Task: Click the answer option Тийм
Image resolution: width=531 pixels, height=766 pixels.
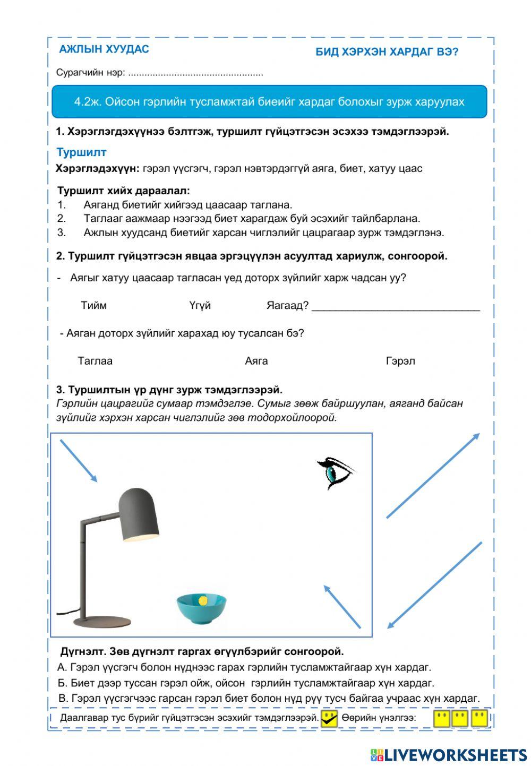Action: click(93, 305)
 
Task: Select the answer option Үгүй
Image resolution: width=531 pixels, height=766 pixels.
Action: click(200, 305)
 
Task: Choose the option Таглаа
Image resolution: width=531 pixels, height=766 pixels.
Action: click(95, 361)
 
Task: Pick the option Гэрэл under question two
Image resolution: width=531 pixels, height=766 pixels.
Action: click(400, 361)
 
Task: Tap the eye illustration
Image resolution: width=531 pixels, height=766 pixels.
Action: click(336, 472)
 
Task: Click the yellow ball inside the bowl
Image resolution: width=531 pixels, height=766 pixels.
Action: click(202, 600)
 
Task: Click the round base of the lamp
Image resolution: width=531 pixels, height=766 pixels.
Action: click(101, 621)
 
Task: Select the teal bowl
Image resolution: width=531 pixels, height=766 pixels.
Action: click(201, 609)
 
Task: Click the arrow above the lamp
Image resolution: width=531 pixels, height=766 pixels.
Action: click(79, 461)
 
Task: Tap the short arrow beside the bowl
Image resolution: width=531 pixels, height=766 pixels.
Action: click(342, 606)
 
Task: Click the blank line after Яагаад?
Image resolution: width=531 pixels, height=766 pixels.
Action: click(396, 307)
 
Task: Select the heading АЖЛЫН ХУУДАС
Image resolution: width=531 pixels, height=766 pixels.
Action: click(104, 49)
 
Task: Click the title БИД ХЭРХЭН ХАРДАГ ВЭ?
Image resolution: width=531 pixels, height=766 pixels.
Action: click(387, 51)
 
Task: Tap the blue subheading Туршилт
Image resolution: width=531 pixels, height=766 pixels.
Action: click(81, 152)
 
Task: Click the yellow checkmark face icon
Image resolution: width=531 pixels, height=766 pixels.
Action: click(329, 718)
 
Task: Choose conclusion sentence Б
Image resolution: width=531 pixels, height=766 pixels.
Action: click(245, 683)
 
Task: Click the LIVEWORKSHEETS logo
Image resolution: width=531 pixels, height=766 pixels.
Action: click(449, 755)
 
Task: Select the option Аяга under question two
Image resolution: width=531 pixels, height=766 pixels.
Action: click(256, 361)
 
